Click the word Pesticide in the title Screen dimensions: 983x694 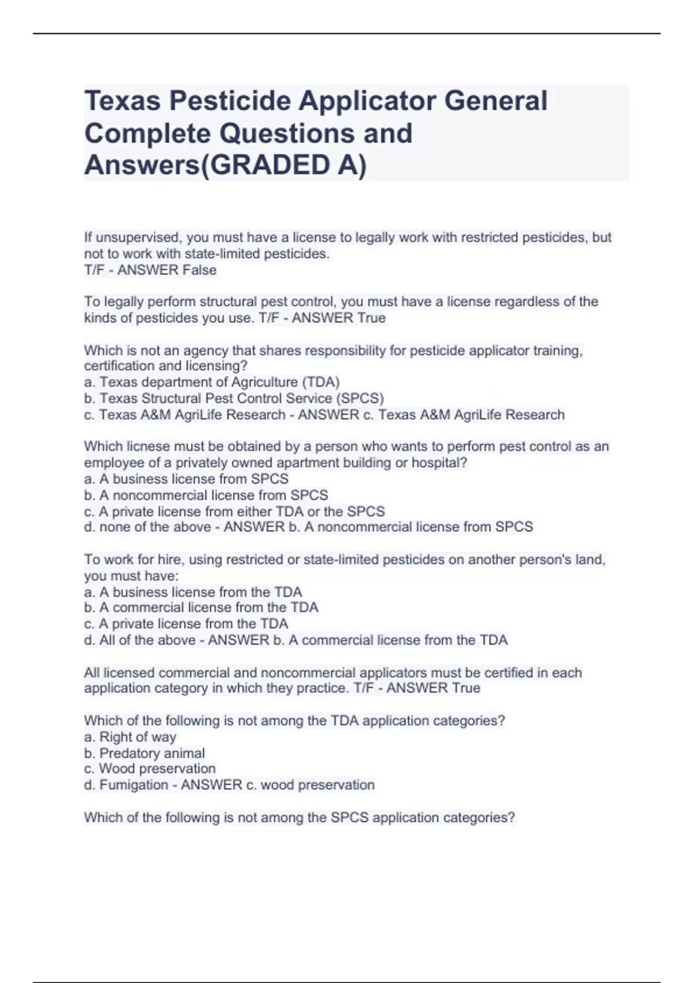235,101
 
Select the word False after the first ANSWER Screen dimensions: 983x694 200,270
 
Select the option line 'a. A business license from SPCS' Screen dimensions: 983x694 186,479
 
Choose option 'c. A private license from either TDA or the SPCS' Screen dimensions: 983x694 234,512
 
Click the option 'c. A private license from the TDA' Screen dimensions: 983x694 186,624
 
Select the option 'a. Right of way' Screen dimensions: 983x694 130,737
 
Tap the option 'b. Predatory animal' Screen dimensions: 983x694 145,753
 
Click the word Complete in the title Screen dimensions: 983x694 147,134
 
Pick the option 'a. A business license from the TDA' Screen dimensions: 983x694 193,592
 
